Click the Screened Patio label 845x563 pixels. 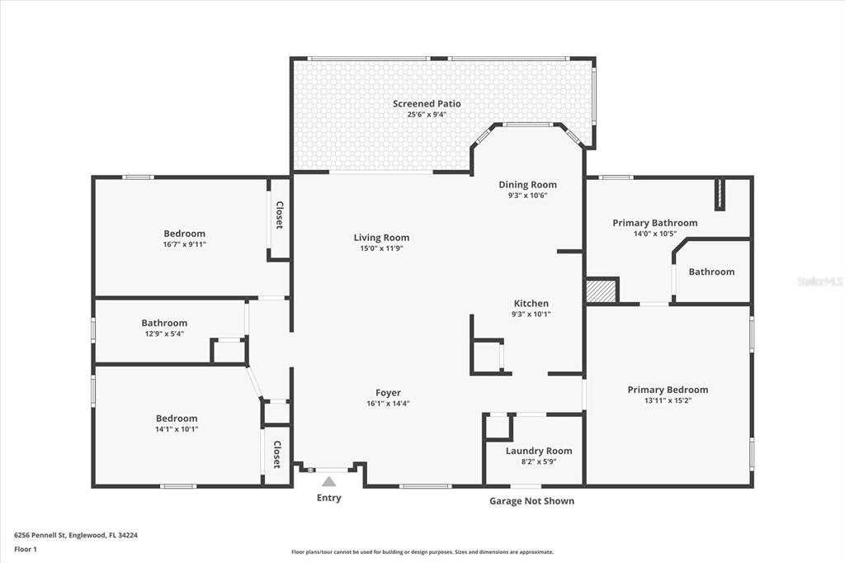coord(427,103)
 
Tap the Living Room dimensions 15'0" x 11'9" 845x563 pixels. coord(381,248)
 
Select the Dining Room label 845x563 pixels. coord(527,185)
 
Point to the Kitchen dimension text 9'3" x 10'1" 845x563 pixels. coord(531,314)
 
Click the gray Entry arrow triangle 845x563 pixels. coord(328,481)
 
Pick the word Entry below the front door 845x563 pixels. coord(328,498)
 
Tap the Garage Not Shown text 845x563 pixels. coord(532,501)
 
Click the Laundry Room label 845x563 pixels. coord(539,451)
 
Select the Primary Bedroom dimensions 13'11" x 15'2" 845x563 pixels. coord(668,400)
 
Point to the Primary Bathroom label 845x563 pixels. coord(654,223)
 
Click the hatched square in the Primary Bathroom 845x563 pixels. coord(601,291)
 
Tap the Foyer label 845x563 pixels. coord(388,393)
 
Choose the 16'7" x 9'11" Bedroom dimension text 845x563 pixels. coord(185,244)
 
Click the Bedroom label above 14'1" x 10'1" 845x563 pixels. coord(177,419)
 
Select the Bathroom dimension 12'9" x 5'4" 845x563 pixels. coord(164,334)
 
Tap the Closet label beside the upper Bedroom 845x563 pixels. coord(280,215)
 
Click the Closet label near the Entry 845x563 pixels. coord(277,454)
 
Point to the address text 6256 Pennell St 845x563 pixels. coord(40,536)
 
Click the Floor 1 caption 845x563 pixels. coord(26,550)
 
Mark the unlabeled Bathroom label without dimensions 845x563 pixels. coord(711,272)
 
